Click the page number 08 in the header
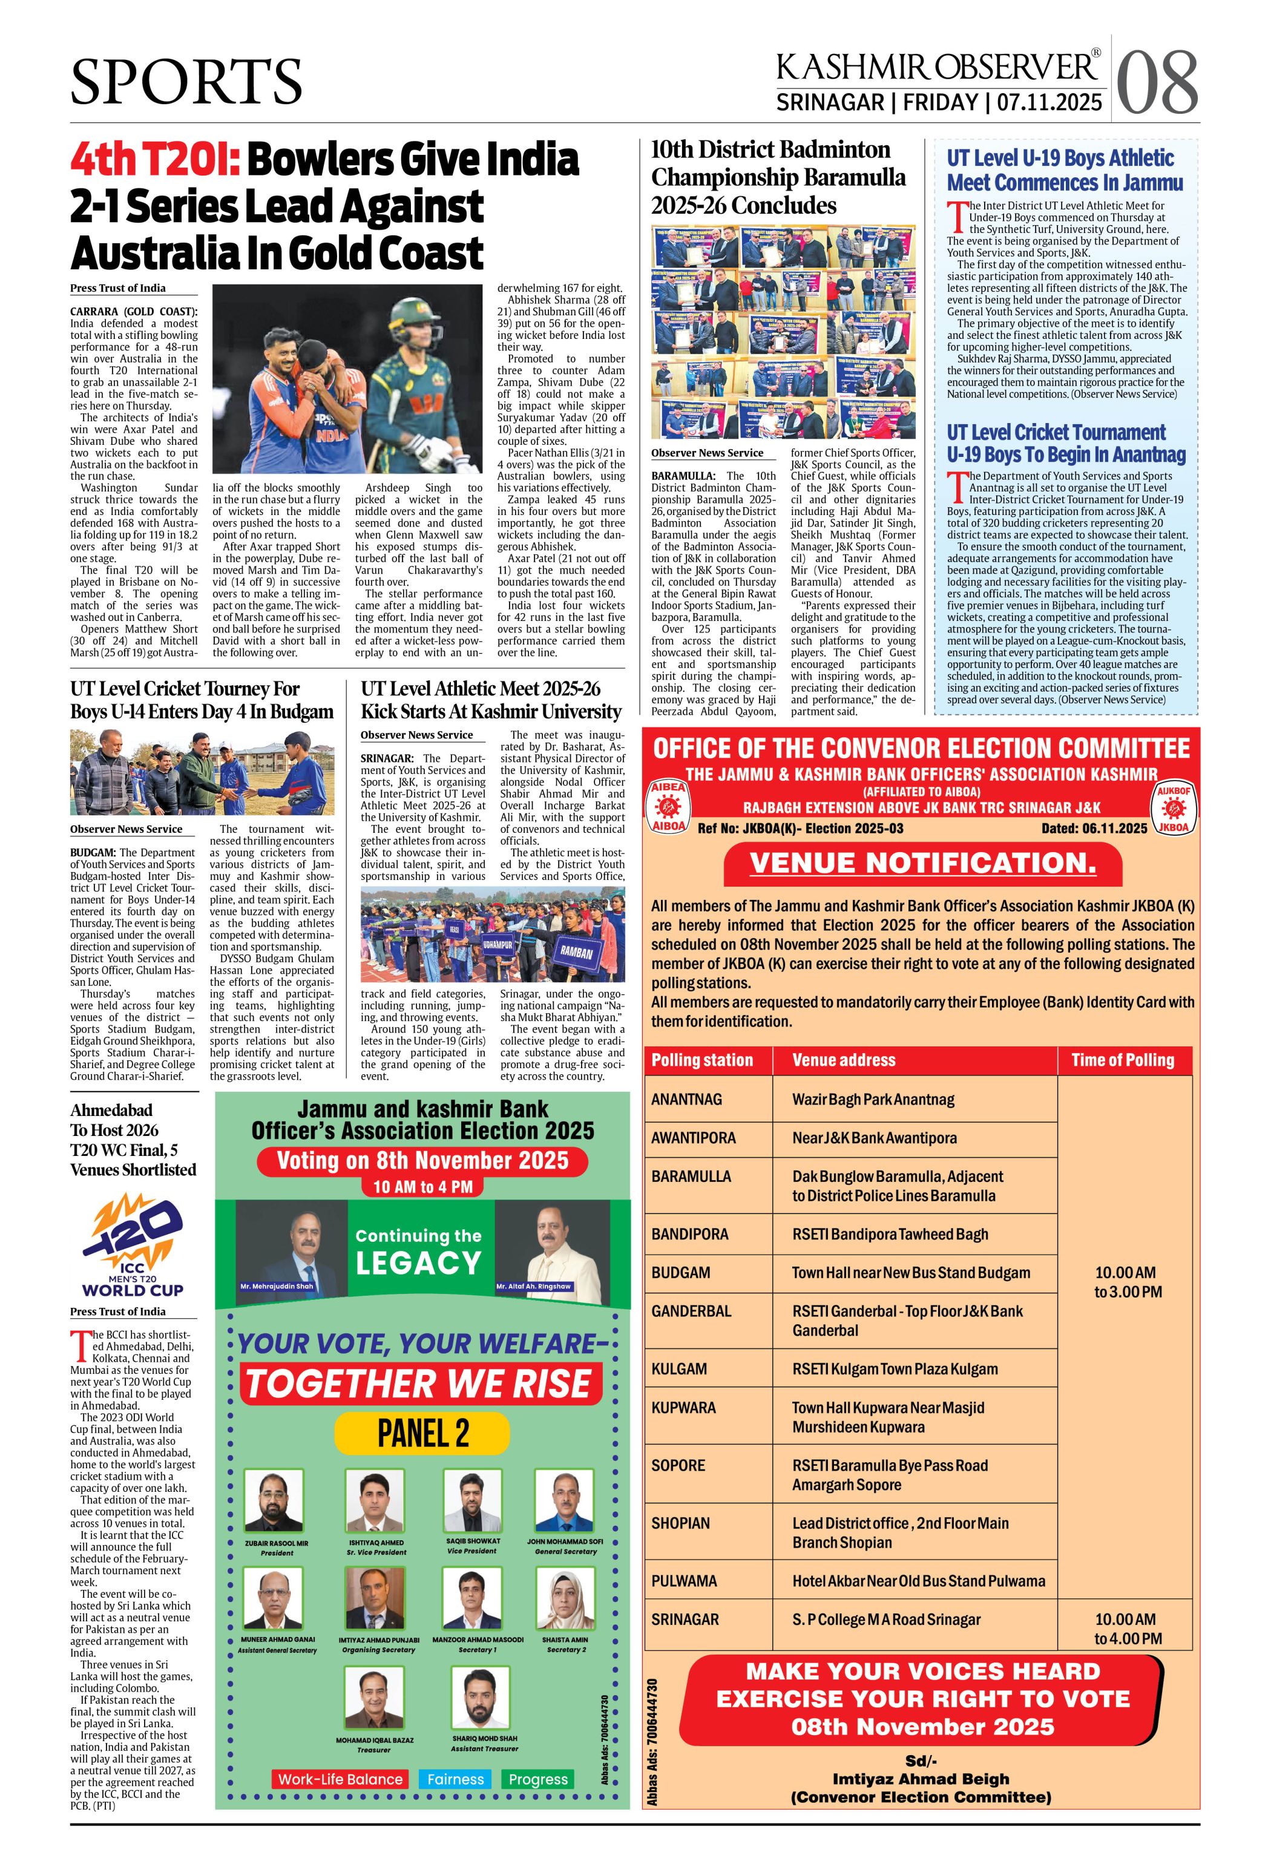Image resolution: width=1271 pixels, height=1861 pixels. (1157, 82)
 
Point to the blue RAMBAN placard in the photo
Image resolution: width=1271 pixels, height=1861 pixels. (577, 952)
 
